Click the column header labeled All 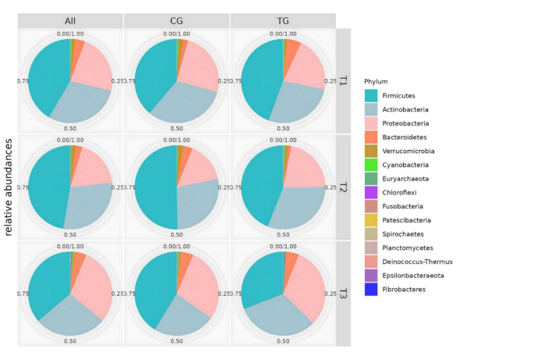point(70,20)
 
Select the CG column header point(177,20)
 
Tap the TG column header point(283,20)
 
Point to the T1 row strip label point(343,80)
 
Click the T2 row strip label point(343,187)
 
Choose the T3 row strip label point(343,294)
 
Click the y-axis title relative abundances point(9,187)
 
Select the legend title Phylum point(376,81)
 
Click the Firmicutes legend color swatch point(372,95)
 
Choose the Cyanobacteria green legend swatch point(372,165)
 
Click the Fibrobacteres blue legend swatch point(372,290)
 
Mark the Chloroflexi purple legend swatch point(372,193)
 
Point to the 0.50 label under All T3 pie point(70,341)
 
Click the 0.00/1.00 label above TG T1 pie point(283,34)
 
